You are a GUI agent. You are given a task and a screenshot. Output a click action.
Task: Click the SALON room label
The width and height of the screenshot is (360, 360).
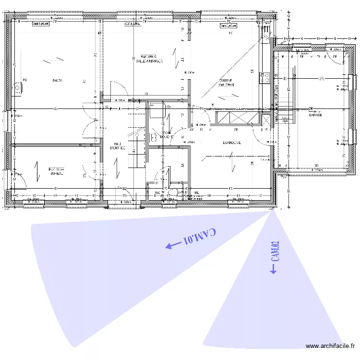pos(58,80)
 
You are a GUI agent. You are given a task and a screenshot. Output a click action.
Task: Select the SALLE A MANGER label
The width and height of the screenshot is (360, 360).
pos(149,61)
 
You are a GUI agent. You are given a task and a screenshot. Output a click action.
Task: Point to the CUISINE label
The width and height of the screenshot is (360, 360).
pos(226,81)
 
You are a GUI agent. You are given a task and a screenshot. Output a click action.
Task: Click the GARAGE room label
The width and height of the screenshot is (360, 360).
pos(315,115)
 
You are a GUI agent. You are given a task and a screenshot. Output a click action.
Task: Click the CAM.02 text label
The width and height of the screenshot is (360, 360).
pos(275,252)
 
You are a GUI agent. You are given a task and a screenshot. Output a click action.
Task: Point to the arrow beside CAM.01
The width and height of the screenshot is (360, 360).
pos(170,246)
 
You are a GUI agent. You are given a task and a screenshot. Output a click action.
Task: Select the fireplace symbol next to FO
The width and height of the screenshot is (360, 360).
pos(18,88)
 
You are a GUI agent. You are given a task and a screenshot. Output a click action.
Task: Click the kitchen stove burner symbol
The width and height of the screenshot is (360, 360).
pos(264,77)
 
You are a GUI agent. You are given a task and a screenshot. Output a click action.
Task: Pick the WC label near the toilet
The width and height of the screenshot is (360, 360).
pos(157,192)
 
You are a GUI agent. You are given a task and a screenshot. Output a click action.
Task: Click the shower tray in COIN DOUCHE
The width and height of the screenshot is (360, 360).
pos(156,110)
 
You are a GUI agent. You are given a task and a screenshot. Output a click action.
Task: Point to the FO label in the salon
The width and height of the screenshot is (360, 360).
pos(24,80)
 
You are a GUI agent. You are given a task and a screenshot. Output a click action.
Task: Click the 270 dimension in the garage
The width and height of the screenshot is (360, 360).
pos(322,78)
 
